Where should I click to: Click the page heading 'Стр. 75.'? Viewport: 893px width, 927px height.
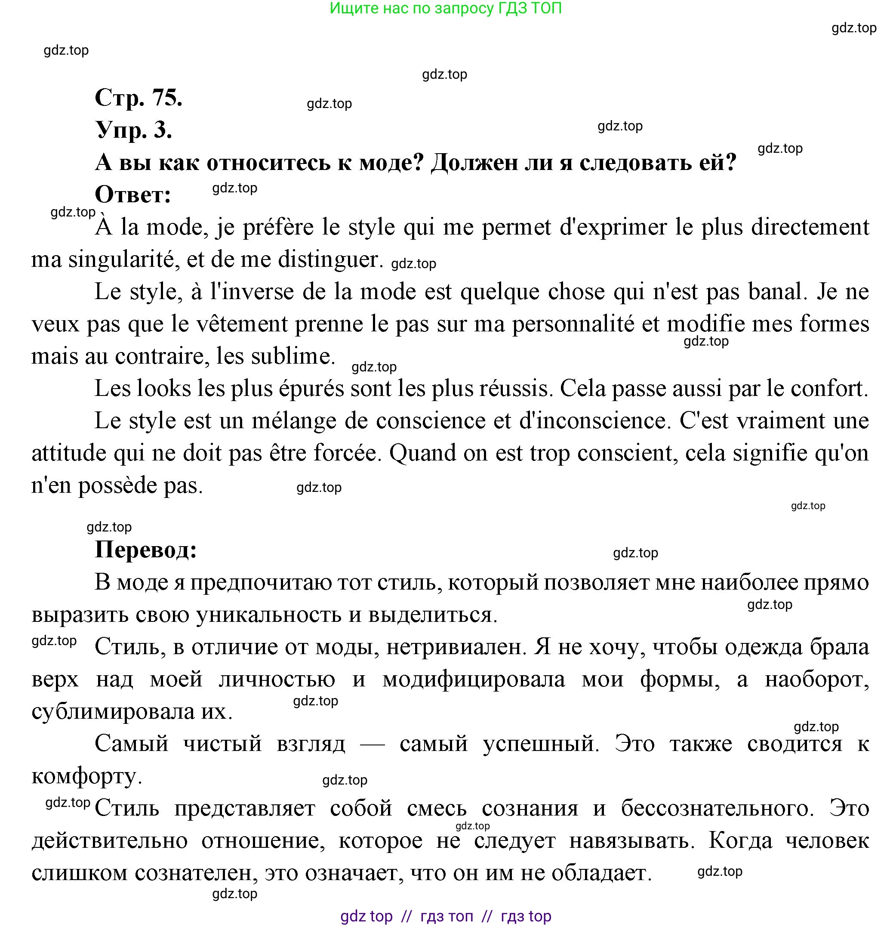point(138,97)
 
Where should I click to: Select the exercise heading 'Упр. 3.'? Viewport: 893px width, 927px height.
point(133,130)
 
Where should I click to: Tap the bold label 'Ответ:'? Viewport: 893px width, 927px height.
point(133,195)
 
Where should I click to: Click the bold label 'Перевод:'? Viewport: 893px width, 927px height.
point(145,550)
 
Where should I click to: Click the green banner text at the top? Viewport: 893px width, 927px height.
point(445,8)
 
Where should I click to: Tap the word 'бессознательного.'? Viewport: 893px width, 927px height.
point(717,808)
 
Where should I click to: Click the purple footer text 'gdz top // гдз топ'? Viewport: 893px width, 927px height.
point(406,916)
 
